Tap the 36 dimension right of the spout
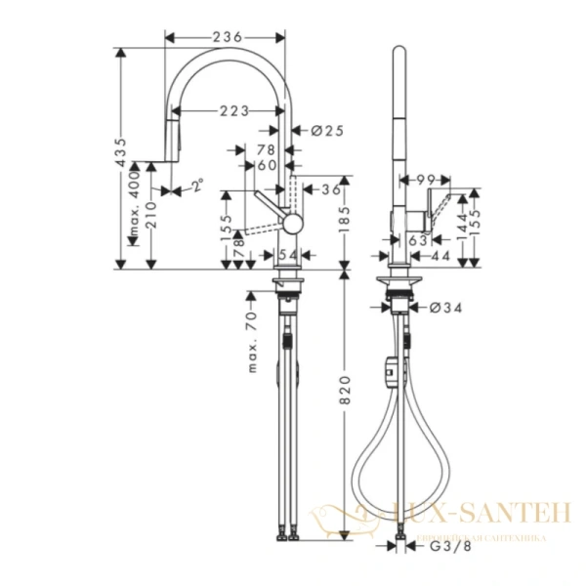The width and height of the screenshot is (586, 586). pyautogui.click(x=331, y=189)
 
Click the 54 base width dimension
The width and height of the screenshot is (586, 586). pyautogui.click(x=287, y=255)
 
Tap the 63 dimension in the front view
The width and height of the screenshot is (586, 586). pyautogui.click(x=417, y=238)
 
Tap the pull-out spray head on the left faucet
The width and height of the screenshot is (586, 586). pyautogui.click(x=172, y=145)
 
